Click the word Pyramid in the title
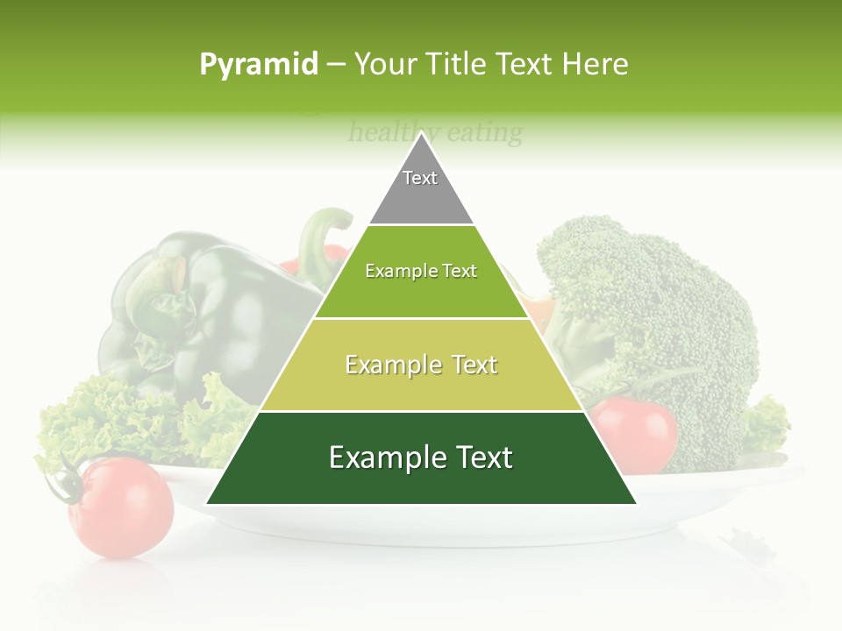pos(258,65)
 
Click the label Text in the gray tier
pos(420,178)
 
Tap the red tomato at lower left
pos(123,508)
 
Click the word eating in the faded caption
pos(484,133)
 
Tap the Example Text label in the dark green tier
pos(421,457)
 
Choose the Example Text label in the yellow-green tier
pos(421,365)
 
